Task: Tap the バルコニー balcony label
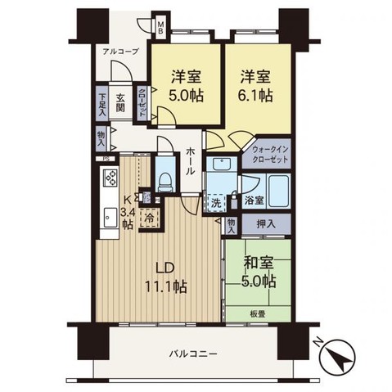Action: (194, 354)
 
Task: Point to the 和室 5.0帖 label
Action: (258, 273)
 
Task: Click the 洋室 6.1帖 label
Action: (256, 86)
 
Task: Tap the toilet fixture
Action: (164, 178)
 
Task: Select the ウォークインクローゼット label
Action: (268, 155)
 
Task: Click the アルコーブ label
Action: (120, 52)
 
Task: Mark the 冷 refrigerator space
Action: (150, 219)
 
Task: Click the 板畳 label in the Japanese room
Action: (259, 313)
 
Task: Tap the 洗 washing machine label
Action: (214, 201)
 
